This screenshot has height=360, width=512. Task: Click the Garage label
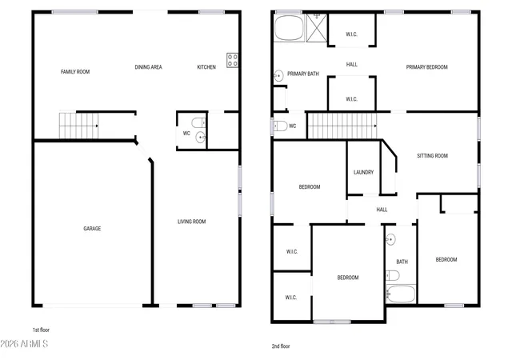(92, 228)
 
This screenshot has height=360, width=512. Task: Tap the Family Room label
(75, 71)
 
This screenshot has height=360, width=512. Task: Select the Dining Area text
(148, 67)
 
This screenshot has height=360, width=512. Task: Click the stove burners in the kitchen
(233, 60)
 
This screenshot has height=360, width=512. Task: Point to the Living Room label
(192, 222)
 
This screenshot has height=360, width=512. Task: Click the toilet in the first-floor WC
(199, 123)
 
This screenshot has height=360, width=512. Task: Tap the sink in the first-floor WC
(201, 138)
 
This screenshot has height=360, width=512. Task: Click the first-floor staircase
(78, 126)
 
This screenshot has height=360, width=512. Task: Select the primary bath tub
(290, 28)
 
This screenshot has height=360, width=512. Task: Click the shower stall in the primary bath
(317, 28)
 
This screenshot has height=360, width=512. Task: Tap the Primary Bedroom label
(426, 67)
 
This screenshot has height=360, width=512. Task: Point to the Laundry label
(363, 172)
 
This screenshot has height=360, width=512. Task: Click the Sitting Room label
(432, 156)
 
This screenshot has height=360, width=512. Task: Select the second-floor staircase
(342, 126)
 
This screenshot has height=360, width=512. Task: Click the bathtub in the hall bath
(401, 294)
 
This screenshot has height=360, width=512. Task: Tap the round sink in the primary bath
(278, 76)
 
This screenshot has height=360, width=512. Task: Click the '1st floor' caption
(41, 330)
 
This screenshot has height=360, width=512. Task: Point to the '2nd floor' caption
(281, 346)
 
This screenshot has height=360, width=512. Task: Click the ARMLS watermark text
(24, 344)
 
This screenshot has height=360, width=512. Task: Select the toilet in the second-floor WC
(280, 126)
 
